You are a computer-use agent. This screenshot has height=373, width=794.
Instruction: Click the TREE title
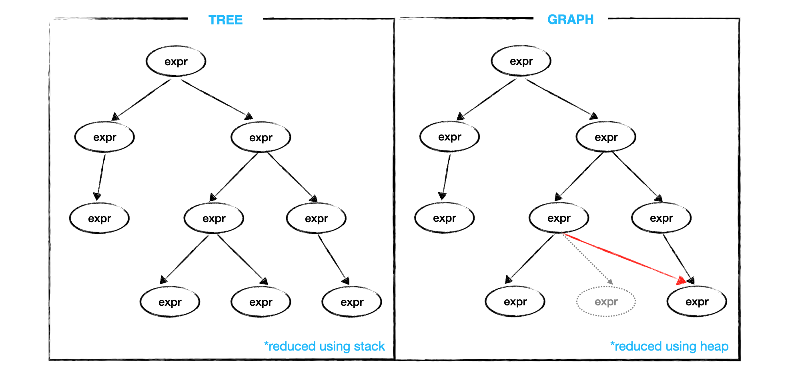click(x=225, y=20)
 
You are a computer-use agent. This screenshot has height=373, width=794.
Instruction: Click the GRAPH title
click(x=570, y=20)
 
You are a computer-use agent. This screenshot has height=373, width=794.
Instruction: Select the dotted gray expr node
click(x=606, y=302)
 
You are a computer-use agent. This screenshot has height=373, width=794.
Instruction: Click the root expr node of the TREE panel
click(x=176, y=62)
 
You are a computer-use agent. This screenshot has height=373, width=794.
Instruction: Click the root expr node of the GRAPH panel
click(x=521, y=61)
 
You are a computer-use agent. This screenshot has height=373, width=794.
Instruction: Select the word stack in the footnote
click(x=369, y=346)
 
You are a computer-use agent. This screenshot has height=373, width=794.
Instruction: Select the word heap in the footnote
click(x=714, y=346)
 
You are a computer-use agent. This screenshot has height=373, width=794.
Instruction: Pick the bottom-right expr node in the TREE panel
click(x=352, y=302)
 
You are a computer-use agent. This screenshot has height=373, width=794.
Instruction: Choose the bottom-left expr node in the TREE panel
click(x=170, y=302)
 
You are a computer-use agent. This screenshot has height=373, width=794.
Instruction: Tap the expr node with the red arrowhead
click(x=697, y=302)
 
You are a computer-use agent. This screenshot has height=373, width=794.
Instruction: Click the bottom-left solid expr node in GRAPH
click(x=515, y=302)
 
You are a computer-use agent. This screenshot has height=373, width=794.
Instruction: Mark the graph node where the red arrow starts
click(x=559, y=218)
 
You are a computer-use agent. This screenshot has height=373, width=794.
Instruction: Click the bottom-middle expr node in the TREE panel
click(x=261, y=302)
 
